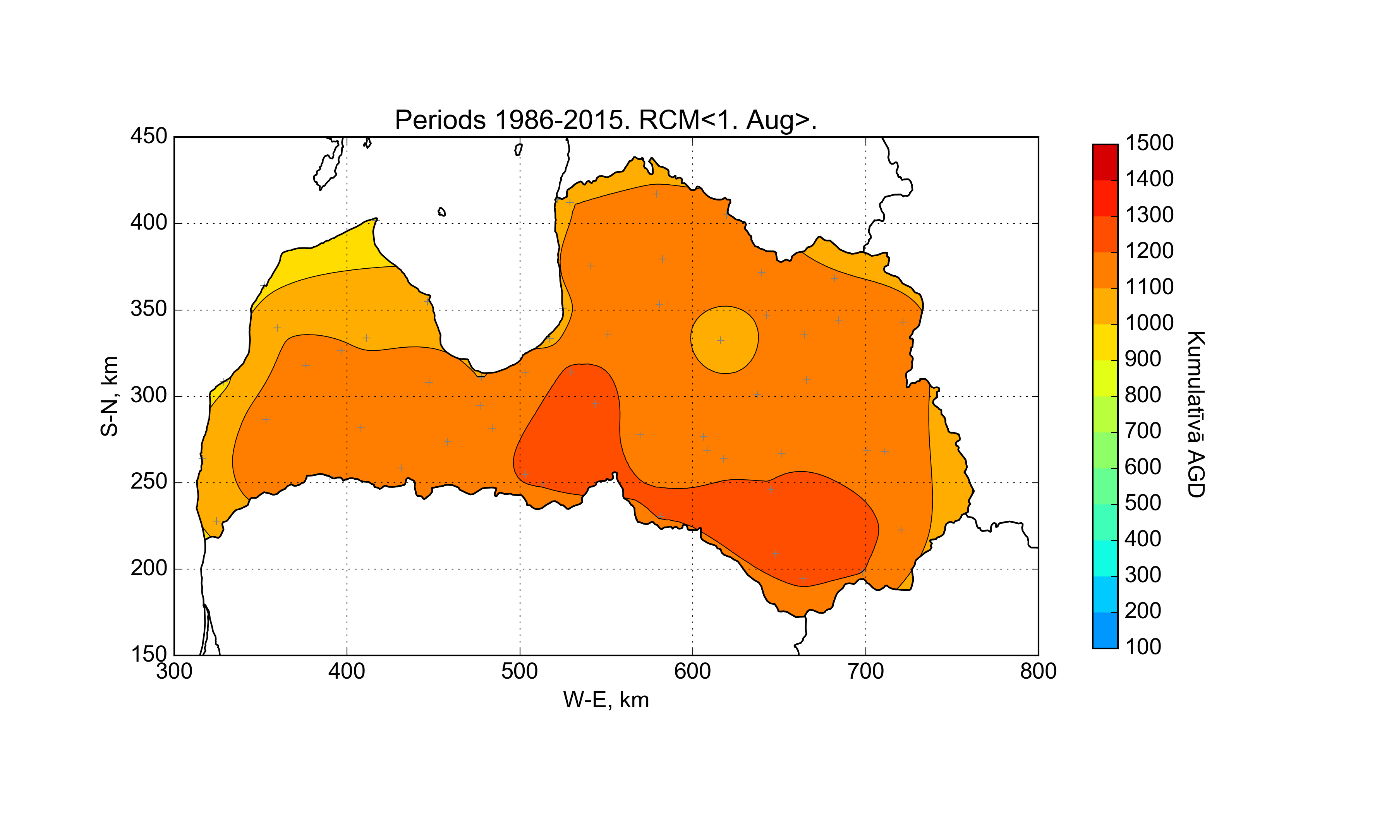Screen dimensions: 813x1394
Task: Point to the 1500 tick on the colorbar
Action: pos(1149,143)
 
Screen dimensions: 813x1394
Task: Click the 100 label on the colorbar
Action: pos(1143,647)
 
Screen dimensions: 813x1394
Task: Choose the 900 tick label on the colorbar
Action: pos(1143,359)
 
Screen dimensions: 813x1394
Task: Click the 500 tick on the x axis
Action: pos(519,671)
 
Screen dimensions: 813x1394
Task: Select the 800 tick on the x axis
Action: pos(1038,671)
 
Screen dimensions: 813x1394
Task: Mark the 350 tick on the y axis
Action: pos(148,309)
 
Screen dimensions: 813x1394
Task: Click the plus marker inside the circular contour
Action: pos(720,340)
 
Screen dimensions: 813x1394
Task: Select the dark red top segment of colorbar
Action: pos(1105,162)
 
